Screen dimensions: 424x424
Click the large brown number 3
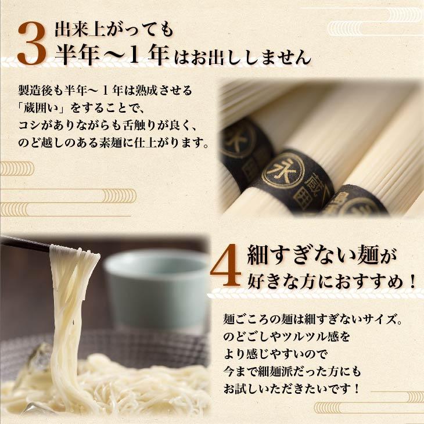pyautogui.click(x=31, y=44)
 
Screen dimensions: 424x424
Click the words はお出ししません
pyautogui.click(x=240, y=58)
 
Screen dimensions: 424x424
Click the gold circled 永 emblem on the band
pyautogui.click(x=276, y=172)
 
